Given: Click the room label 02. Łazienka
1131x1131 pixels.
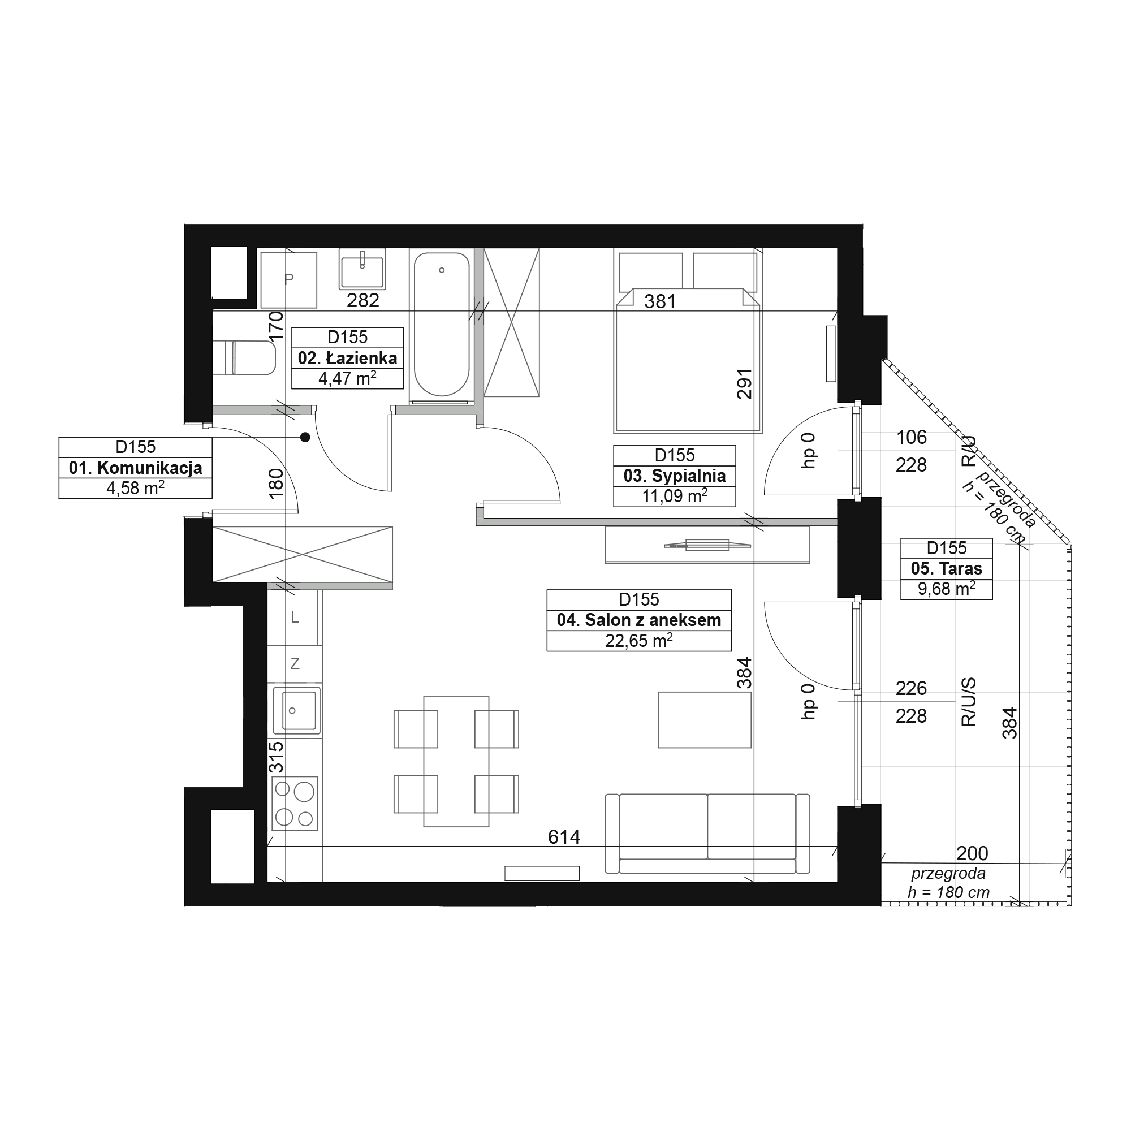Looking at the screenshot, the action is coord(347,359).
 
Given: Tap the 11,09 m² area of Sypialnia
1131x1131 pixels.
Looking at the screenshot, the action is coord(675,496).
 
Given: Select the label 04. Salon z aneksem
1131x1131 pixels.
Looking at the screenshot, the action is coord(638,620).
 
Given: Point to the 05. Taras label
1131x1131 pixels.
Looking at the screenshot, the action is coord(946,568).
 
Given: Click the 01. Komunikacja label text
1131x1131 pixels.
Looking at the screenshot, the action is coord(135,468).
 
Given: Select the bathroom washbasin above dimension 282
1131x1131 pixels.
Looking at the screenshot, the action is coord(362,269).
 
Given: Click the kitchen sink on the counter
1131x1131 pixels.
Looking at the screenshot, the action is coord(296,710).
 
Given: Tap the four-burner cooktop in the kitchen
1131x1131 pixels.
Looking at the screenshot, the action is coord(295,803).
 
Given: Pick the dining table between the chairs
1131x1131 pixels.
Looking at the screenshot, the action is coord(456,761).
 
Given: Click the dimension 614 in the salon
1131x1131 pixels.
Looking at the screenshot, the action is coord(564,837).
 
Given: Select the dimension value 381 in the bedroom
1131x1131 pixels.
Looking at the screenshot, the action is coord(660,301).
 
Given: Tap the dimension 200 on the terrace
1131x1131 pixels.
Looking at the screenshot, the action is coord(972,853).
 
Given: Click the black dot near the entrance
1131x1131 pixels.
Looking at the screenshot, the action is coord(305,437).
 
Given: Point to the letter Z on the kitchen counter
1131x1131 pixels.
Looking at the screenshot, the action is coord(295,664).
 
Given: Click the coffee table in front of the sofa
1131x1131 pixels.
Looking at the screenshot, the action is coord(704,719).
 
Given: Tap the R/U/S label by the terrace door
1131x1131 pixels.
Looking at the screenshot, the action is coord(969,702).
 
